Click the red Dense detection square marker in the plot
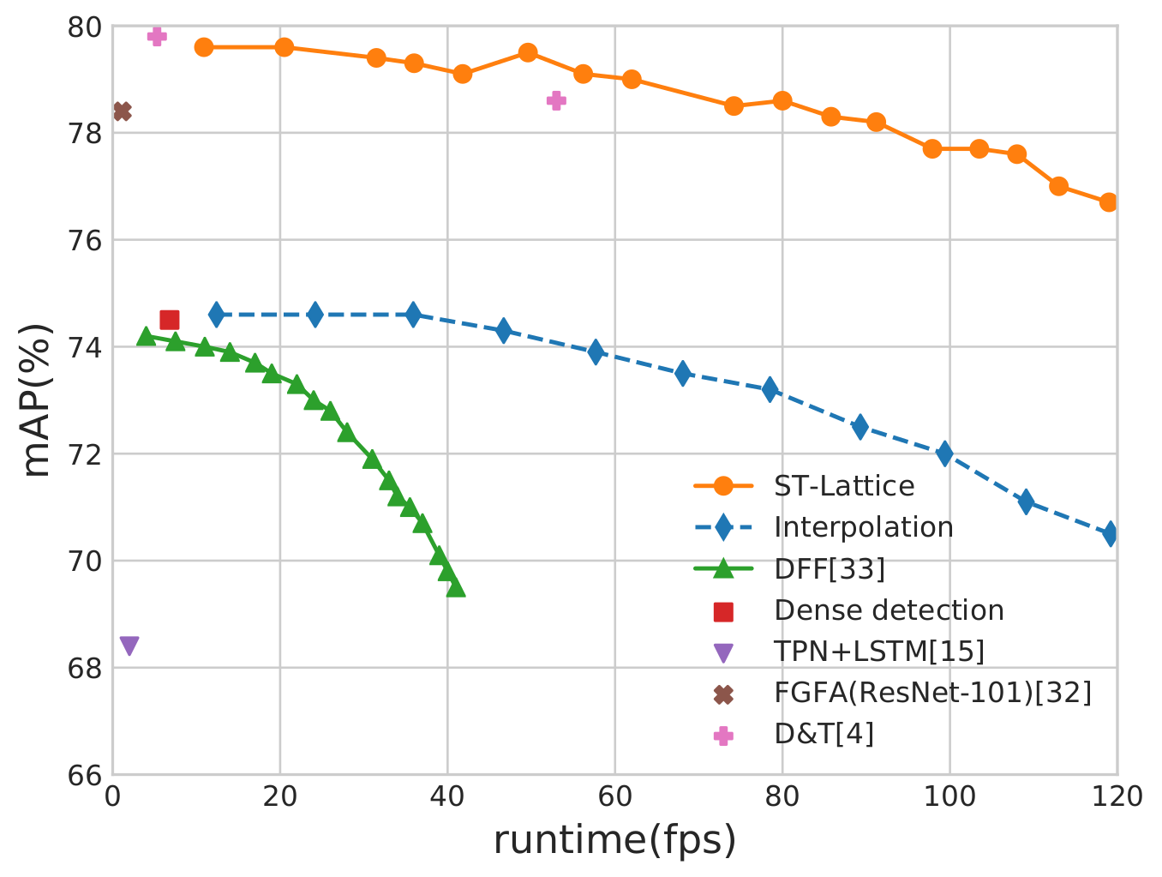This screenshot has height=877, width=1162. [x=170, y=320]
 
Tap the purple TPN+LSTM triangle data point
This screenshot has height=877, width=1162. [x=129, y=646]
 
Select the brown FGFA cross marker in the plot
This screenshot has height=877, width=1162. [x=122, y=111]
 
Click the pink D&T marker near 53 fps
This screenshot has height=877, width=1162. [x=556, y=100]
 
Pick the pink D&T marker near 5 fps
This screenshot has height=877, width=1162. [x=157, y=36]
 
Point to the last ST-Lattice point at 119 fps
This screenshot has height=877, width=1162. [x=1109, y=202]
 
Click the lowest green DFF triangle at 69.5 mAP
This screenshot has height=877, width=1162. [x=456, y=587]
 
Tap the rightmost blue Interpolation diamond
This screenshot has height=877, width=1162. [x=1111, y=534]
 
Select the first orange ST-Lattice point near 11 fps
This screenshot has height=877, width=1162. [x=204, y=47]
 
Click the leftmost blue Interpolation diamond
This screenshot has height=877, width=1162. [x=217, y=315]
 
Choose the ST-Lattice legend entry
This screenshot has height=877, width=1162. [x=843, y=486]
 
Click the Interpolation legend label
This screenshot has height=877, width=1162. [x=863, y=527]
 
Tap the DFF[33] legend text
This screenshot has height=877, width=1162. [x=829, y=568]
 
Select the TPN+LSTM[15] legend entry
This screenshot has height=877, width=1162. [x=878, y=652]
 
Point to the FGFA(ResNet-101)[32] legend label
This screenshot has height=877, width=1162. [x=932, y=693]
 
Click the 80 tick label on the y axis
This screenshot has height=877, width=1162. [x=84, y=27]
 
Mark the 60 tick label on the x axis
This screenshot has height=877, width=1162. [x=615, y=797]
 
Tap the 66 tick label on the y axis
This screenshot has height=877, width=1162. [x=84, y=775]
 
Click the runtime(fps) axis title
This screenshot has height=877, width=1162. [x=614, y=841]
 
